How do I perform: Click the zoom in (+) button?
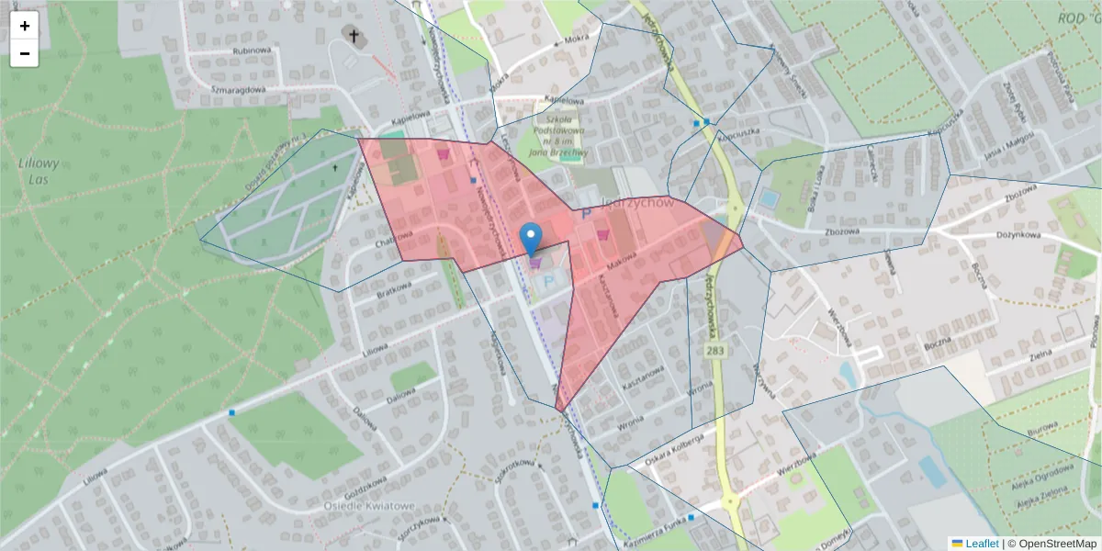point(25,26)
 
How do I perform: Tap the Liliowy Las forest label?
point(39,171)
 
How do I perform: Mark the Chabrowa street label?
point(394,242)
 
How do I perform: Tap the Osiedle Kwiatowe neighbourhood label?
point(370,506)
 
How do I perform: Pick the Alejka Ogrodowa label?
point(1043,481)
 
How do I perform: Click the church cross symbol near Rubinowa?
point(354,35)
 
